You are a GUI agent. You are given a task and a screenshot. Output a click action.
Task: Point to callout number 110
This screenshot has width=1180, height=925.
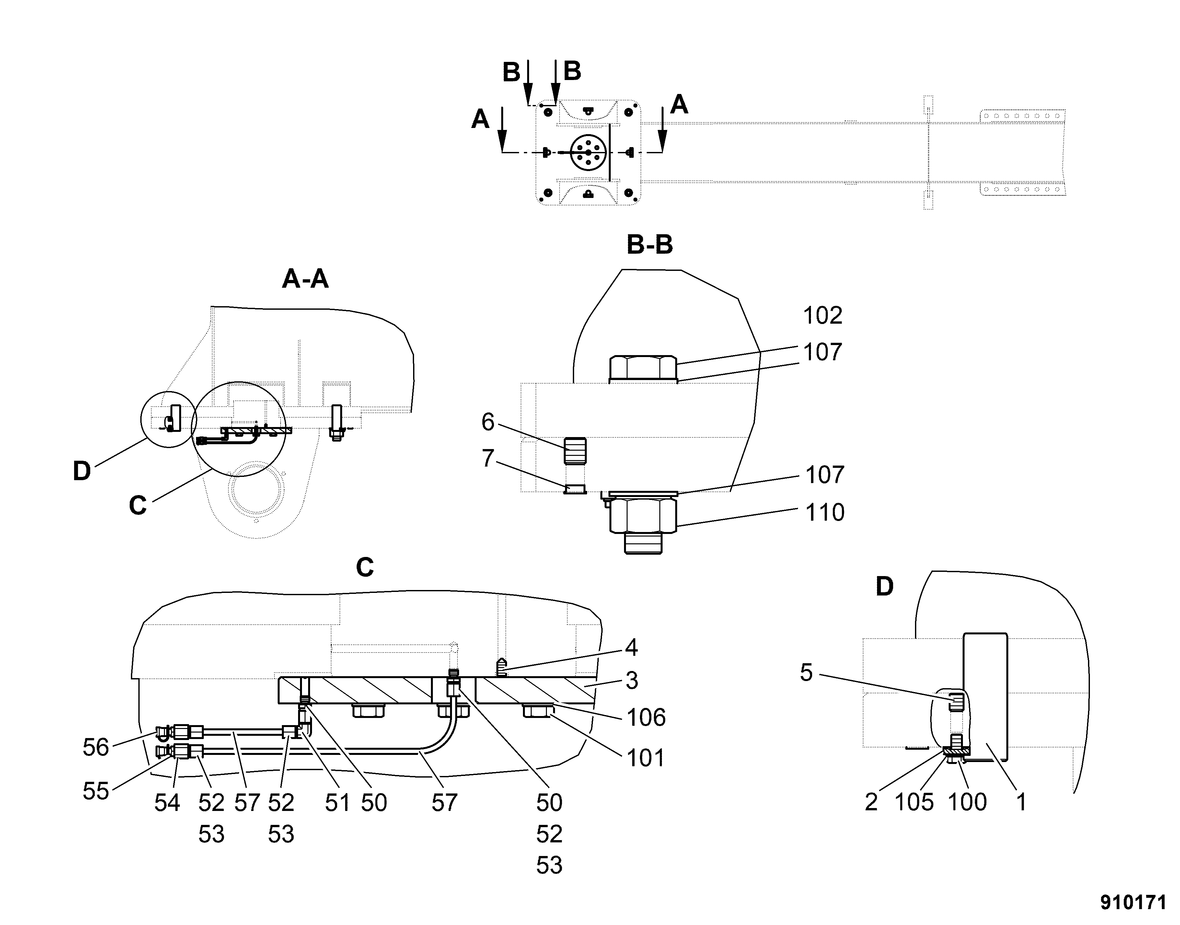[825, 512]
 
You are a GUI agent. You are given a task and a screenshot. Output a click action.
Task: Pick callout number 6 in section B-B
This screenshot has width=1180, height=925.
[488, 422]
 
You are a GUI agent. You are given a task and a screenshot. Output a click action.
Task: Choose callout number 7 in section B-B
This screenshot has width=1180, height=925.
[488, 458]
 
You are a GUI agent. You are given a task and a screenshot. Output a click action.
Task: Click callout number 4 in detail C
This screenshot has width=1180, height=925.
[631, 647]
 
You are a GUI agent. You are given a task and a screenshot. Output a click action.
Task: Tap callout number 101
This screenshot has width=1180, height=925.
[645, 758]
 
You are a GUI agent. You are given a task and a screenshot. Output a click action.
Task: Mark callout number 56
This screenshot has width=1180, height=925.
[96, 747]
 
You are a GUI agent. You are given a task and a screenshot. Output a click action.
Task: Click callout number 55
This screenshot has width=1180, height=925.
[96, 791]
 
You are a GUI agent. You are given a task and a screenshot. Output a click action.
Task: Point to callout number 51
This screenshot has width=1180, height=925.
[337, 803]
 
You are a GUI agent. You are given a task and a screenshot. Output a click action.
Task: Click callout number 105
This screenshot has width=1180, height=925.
[914, 802]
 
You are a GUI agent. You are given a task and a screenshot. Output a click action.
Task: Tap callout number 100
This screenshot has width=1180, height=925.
[967, 802]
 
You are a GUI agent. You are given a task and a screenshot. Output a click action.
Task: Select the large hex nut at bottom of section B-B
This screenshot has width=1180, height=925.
[643, 515]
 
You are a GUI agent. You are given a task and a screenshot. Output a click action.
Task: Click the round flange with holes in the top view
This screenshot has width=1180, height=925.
[588, 153]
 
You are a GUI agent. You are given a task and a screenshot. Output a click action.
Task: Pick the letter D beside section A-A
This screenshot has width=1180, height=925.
[82, 471]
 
